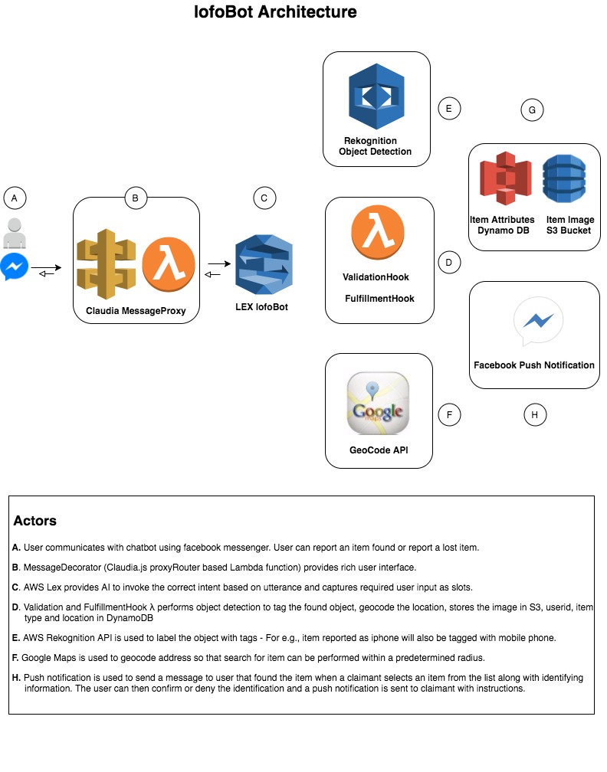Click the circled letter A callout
[x=15, y=198]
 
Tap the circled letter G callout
[x=531, y=110]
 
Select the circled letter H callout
[x=535, y=415]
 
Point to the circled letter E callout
[x=448, y=109]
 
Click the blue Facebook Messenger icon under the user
[x=15, y=267]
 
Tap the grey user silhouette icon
[x=15, y=233]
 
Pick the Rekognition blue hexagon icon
[x=376, y=96]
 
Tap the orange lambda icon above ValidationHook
[x=378, y=232]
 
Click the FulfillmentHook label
[x=379, y=298]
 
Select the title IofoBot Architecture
[x=275, y=12]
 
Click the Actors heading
[x=34, y=521]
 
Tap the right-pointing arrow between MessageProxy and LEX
[x=218, y=263]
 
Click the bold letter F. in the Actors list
[x=16, y=657]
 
